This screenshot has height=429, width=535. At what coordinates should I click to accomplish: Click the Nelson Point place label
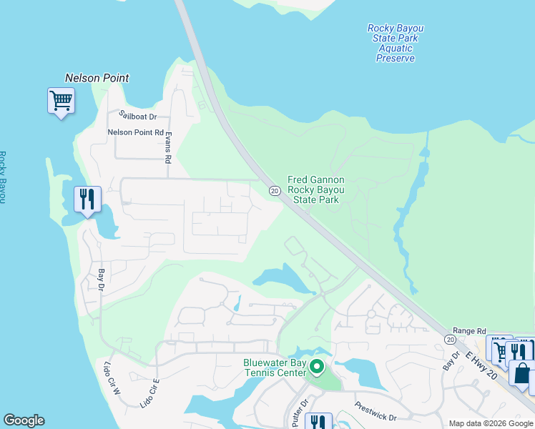(97, 78)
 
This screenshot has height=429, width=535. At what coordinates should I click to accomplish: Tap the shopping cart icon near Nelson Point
(61, 100)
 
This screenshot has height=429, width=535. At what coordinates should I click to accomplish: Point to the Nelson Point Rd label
(135, 132)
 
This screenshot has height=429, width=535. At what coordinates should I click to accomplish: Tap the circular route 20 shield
(274, 191)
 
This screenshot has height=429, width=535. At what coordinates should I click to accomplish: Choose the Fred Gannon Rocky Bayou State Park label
(315, 189)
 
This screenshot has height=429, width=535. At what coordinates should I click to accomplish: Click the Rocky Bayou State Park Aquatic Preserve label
(396, 44)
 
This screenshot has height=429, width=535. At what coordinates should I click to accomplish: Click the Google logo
(24, 420)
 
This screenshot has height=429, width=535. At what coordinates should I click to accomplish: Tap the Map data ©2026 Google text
(490, 423)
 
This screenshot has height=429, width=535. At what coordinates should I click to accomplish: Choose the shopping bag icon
(521, 374)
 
